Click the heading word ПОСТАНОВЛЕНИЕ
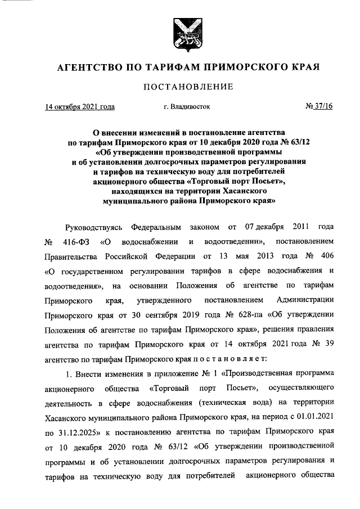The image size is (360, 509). point(180,86)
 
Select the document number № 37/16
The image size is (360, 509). point(319,106)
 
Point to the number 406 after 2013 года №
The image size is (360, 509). point(326,257)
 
